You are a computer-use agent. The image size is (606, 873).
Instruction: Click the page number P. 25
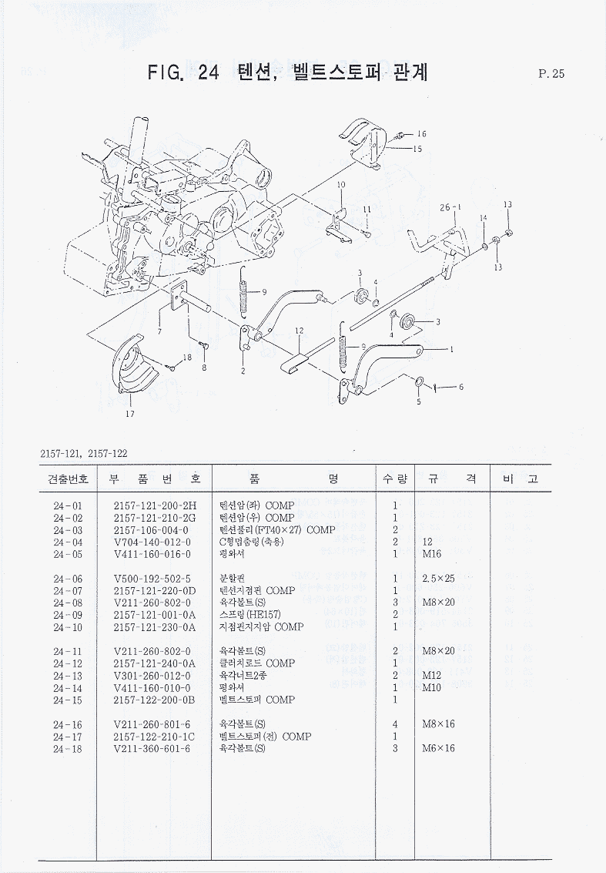[552, 74]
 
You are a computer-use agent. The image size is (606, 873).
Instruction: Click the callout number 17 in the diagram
[130, 414]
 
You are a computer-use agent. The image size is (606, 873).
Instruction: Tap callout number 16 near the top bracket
[422, 134]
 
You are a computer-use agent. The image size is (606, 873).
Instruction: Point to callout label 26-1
[450, 207]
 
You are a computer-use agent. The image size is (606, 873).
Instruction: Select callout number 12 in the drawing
[300, 331]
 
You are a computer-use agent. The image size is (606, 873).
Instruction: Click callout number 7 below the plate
[159, 331]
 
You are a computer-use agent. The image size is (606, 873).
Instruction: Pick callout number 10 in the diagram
[340, 185]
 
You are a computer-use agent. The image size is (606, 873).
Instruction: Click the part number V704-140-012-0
[150, 542]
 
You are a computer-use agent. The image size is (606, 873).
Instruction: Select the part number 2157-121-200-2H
[155, 506]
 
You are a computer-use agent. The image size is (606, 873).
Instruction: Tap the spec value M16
[431, 555]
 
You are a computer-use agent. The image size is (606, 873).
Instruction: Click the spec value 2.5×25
[440, 579]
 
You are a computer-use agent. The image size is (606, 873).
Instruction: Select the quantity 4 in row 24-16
[394, 724]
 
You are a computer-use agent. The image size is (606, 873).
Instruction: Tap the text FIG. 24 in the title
[184, 73]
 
